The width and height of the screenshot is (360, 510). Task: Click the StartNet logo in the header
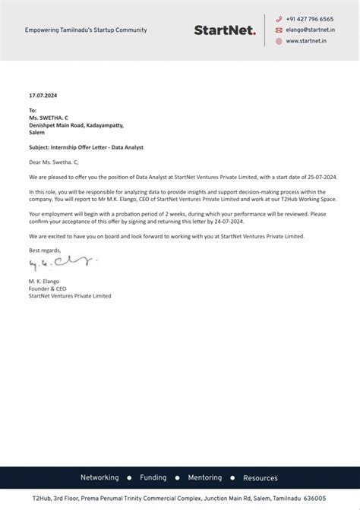(x=225, y=30)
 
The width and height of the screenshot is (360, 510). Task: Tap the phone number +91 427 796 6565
(x=310, y=19)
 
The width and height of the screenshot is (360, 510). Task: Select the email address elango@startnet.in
(x=311, y=30)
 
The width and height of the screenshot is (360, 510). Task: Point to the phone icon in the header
(x=279, y=19)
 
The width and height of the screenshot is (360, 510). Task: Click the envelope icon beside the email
(x=279, y=30)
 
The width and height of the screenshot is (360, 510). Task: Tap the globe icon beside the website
(x=279, y=41)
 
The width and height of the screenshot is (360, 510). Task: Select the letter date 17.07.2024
(x=43, y=96)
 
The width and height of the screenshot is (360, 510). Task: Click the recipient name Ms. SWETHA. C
(x=49, y=118)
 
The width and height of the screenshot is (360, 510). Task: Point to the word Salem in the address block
(x=36, y=132)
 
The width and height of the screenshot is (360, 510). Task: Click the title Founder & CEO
(x=49, y=288)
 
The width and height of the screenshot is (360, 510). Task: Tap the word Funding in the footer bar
(x=153, y=478)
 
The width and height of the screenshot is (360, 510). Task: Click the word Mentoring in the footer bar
(x=204, y=478)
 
